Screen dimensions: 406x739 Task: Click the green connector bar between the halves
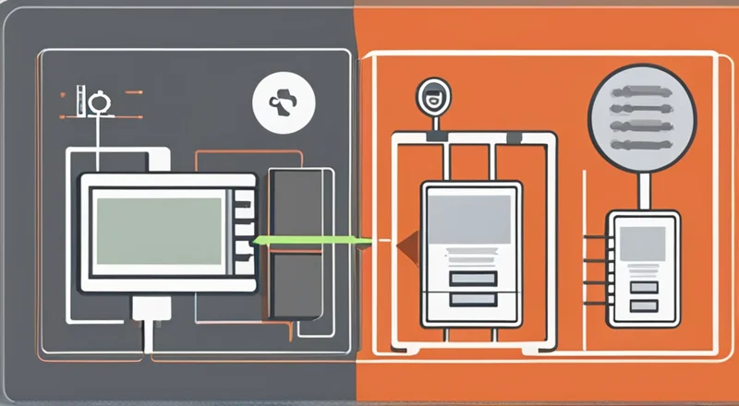point(309,242)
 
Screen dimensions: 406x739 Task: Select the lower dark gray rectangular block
point(294,283)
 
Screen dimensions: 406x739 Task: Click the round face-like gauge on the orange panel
point(431,96)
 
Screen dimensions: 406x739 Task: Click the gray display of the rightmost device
point(644,242)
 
